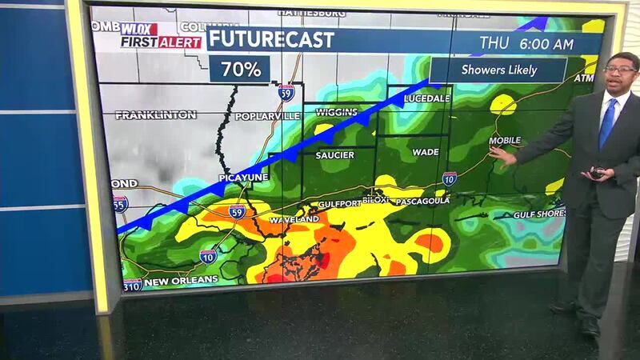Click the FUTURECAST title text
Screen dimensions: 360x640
271,40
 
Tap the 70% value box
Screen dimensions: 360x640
241,69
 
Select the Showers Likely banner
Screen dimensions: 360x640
498,70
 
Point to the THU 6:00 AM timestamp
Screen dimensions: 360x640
526,42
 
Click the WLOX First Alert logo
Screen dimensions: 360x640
160,36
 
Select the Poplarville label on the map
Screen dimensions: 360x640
267,116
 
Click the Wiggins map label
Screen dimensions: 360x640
336,112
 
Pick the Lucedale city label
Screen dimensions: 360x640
427,98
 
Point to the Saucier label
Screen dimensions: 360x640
334,154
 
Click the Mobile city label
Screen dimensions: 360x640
504,141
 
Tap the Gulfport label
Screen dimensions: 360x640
340,204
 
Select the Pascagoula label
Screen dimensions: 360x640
420,202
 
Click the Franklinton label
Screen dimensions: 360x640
155,115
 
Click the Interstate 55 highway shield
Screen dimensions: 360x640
120,204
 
